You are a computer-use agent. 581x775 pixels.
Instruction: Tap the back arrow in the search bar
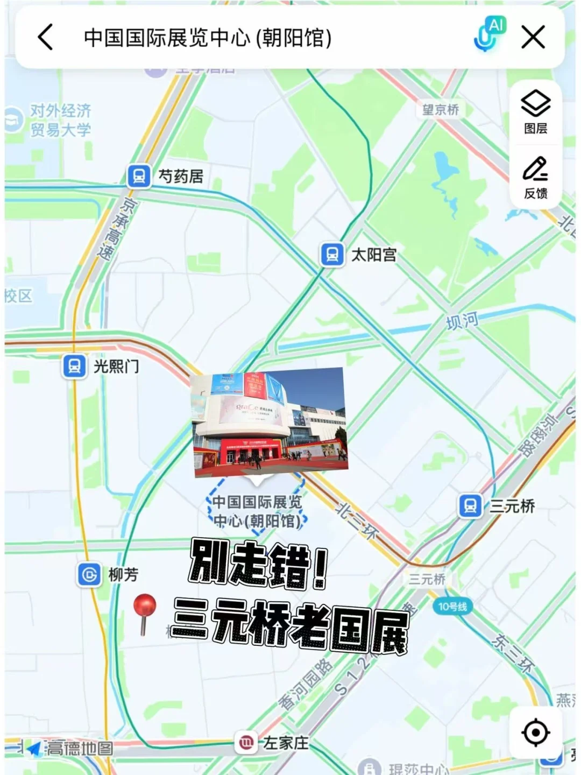point(46,37)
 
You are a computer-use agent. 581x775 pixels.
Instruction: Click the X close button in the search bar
point(533,37)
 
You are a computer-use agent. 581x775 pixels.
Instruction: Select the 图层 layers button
point(535,111)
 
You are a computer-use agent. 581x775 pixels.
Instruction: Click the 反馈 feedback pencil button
point(535,178)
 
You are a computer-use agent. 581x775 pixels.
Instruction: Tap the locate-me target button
point(535,732)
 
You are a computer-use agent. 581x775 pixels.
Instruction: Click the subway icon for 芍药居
point(139,176)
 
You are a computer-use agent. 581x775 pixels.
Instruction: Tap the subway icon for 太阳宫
point(332,254)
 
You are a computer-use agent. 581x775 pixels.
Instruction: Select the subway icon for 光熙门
point(74,367)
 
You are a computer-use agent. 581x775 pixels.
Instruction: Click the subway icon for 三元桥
point(470,506)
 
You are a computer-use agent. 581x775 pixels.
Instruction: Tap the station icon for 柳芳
point(89,575)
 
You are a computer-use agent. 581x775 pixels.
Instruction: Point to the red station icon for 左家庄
point(245,743)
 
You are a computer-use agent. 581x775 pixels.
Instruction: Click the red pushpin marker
point(144,608)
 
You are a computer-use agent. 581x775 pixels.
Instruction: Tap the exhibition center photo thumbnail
point(269,422)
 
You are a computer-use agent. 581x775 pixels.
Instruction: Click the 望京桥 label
point(440,110)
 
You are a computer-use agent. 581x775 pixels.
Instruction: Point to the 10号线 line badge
point(452,607)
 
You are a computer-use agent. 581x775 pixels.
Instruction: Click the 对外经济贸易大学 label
point(60,120)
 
